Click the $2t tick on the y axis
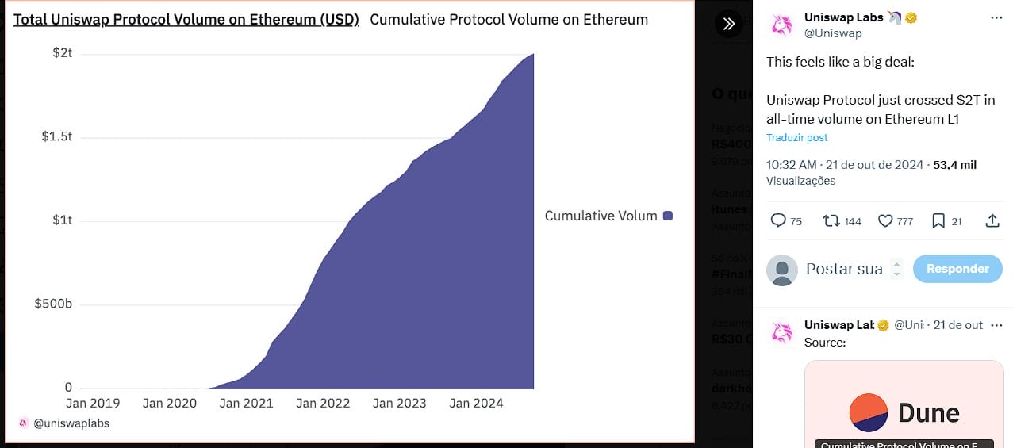pyautogui.click(x=63, y=53)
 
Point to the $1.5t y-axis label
pyautogui.click(x=56, y=136)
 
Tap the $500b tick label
pyautogui.click(x=53, y=304)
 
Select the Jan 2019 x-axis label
pyautogui.click(x=92, y=403)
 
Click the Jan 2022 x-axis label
pyautogui.click(x=323, y=403)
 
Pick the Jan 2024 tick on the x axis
pyautogui.click(x=476, y=403)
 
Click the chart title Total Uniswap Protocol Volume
pyautogui.click(x=186, y=19)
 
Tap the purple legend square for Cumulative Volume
pyautogui.click(x=668, y=216)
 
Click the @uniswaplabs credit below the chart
pyautogui.click(x=71, y=423)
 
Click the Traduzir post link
pyautogui.click(x=796, y=137)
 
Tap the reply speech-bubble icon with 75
pyautogui.click(x=778, y=221)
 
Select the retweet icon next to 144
pyautogui.click(x=831, y=221)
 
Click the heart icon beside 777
pyautogui.click(x=885, y=221)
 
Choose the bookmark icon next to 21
pyautogui.click(x=938, y=221)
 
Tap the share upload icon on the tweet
pyautogui.click(x=992, y=221)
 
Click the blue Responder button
pyautogui.click(x=957, y=269)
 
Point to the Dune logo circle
pyautogui.click(x=869, y=412)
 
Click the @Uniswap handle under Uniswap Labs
pyautogui.click(x=833, y=33)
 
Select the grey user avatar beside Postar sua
pyautogui.click(x=782, y=270)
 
